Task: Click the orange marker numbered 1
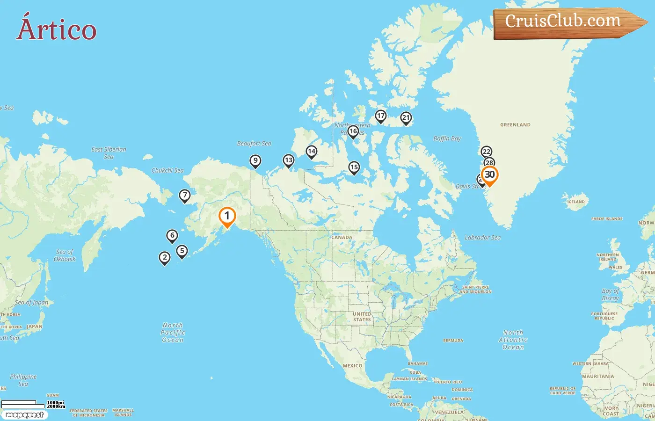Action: pyautogui.click(x=227, y=216)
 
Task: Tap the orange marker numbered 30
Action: pyautogui.click(x=489, y=175)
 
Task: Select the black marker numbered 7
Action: pyautogui.click(x=185, y=196)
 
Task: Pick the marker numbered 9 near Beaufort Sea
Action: pyautogui.click(x=255, y=161)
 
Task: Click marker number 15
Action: pyautogui.click(x=354, y=167)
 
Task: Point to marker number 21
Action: pyautogui.click(x=406, y=118)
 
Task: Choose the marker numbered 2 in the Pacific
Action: pyautogui.click(x=164, y=258)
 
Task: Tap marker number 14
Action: pyautogui.click(x=311, y=152)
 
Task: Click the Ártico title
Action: pyautogui.click(x=56, y=29)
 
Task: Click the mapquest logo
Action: pyautogui.click(x=24, y=415)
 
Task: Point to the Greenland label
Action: pyautogui.click(x=515, y=125)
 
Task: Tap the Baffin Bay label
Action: pyautogui.click(x=447, y=138)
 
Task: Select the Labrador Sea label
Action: pyautogui.click(x=482, y=238)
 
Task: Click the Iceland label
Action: pyautogui.click(x=576, y=202)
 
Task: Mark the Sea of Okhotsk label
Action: pyautogui.click(x=65, y=255)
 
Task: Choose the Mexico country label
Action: pyautogui.click(x=352, y=366)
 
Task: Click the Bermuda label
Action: pyautogui.click(x=453, y=341)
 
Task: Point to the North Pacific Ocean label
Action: pyautogui.click(x=173, y=333)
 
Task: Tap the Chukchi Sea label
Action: pyautogui.click(x=167, y=170)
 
